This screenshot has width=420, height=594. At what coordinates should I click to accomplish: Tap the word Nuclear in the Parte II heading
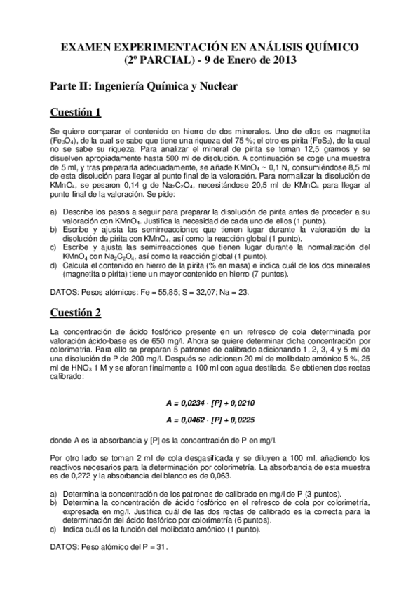click(x=218, y=87)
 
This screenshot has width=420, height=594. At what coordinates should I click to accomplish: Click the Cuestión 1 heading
click(x=76, y=113)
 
